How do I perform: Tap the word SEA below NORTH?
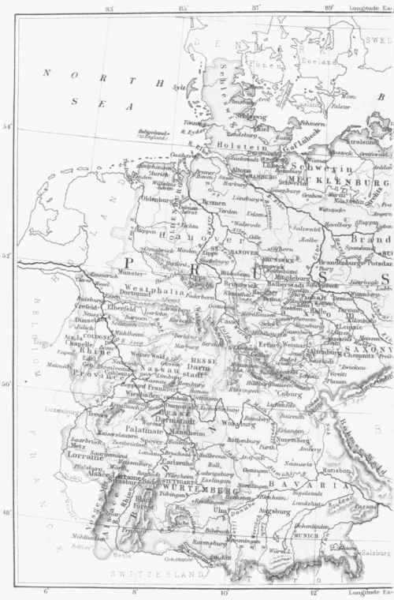click(84, 101)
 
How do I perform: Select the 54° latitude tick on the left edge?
click(7, 126)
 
